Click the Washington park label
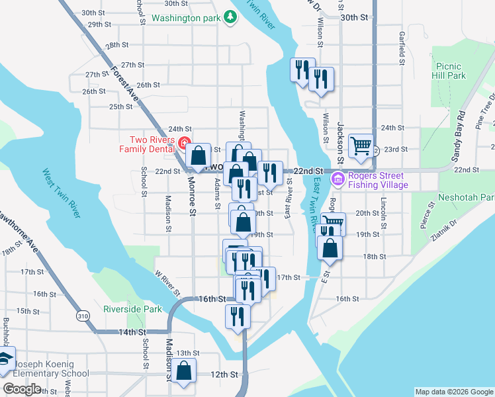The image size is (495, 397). [x=185, y=19]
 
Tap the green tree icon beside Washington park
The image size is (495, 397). [x=230, y=17]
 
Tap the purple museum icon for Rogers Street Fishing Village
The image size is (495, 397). [x=339, y=179]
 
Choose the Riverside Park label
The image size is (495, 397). [x=132, y=309]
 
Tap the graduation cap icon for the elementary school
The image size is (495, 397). [x=5, y=359]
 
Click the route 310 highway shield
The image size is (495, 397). [x=82, y=317]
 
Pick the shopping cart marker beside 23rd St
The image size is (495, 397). [x=361, y=145]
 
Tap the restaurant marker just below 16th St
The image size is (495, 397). [x=238, y=316]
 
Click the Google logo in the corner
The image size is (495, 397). [x=22, y=389]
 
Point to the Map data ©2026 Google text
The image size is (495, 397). [x=453, y=392]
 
